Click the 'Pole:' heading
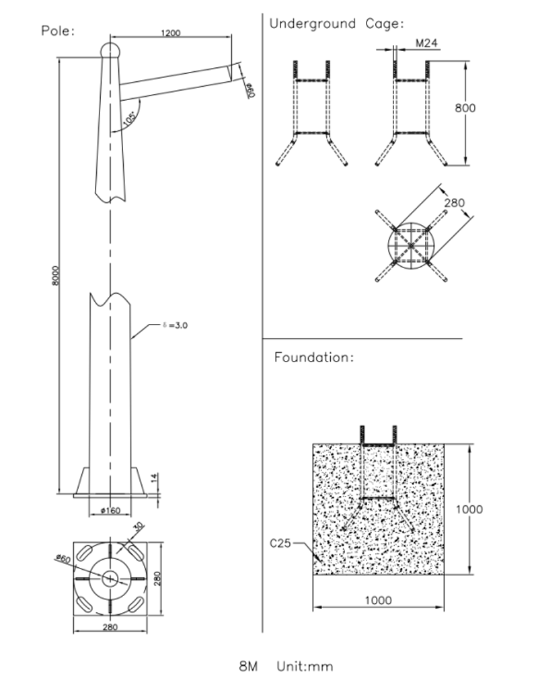[58, 31]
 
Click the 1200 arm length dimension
[171, 32]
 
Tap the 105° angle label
[130, 118]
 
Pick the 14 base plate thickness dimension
[154, 479]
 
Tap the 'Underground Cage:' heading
[336, 24]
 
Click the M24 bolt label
[427, 43]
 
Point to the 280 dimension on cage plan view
[455, 203]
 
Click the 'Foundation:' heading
[313, 357]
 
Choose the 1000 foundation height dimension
[469, 509]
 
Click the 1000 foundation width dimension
[378, 600]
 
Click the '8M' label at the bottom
[248, 667]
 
